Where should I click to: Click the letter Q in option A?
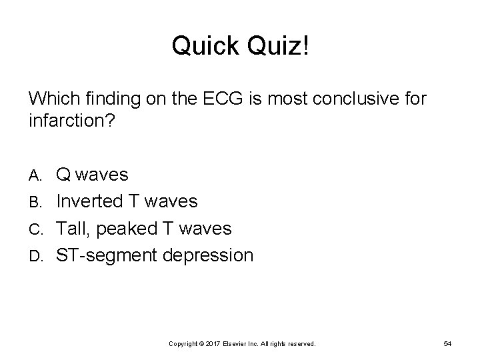point(65,175)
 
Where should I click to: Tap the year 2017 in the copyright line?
point(213,343)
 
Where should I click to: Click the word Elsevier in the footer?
point(235,343)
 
